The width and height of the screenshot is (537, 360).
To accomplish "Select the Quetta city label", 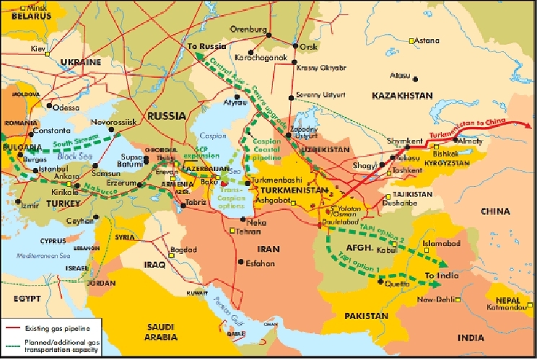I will (x=395, y=284).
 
